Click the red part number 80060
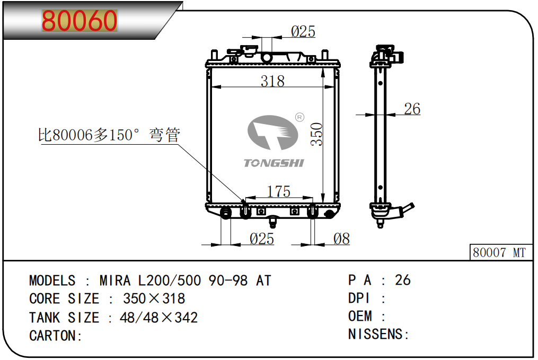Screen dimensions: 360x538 [80, 21]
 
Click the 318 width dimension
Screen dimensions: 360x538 [272, 81]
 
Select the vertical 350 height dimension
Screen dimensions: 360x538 [316, 135]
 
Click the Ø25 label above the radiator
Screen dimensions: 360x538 [303, 32]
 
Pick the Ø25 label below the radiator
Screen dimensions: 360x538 [261, 239]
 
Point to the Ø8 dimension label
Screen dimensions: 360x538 [341, 239]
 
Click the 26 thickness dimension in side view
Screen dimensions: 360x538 [412, 109]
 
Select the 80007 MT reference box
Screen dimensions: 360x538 [499, 252]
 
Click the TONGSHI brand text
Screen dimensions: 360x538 [274, 163]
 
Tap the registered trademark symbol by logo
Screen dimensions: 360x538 [299, 117]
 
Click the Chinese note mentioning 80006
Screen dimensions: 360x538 [109, 135]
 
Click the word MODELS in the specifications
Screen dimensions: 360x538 [52, 280]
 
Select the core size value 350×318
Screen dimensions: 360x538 [154, 298]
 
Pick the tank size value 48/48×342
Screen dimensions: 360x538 [158, 318]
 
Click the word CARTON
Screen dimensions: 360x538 [53, 336]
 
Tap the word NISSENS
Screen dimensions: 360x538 [376, 334]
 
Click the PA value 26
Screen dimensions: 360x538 [403, 280]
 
